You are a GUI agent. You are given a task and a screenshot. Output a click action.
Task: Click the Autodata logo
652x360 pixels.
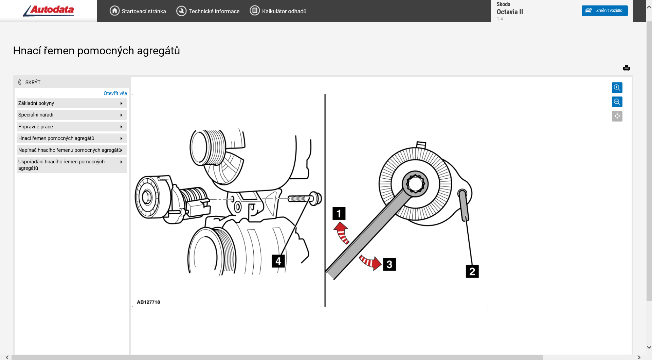tap(49, 11)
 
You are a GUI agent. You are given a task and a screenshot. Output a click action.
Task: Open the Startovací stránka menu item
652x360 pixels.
tap(138, 11)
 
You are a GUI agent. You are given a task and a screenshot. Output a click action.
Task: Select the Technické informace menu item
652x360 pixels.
tap(208, 11)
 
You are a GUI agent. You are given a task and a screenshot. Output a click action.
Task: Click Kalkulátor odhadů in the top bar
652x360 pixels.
tap(278, 11)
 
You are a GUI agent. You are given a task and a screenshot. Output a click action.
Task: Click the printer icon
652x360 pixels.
tap(627, 68)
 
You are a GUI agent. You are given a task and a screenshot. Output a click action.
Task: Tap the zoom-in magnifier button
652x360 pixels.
tap(617, 88)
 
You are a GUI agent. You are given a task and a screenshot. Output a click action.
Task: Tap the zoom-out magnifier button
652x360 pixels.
tap(617, 102)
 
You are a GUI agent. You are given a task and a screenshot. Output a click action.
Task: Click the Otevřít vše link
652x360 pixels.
tap(115, 93)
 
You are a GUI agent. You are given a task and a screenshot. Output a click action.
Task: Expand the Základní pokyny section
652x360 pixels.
tap(71, 103)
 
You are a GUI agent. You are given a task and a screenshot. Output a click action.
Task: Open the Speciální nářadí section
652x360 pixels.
tap(71, 115)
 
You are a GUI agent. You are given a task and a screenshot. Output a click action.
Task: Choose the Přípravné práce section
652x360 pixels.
tap(71, 127)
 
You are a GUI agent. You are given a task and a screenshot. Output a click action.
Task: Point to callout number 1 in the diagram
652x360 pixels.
tap(339, 214)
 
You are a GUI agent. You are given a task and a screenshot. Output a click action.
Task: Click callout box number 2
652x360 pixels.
tap(472, 271)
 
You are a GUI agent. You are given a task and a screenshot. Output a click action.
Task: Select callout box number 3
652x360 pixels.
tap(390, 264)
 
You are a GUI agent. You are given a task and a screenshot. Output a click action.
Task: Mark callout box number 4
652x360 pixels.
tap(278, 261)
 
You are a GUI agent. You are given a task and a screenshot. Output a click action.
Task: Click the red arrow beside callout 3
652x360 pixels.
tap(371, 262)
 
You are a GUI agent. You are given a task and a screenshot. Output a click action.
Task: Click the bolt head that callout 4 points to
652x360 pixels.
tap(315, 199)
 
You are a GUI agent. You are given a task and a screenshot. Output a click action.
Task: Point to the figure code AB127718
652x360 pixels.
tap(148, 302)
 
